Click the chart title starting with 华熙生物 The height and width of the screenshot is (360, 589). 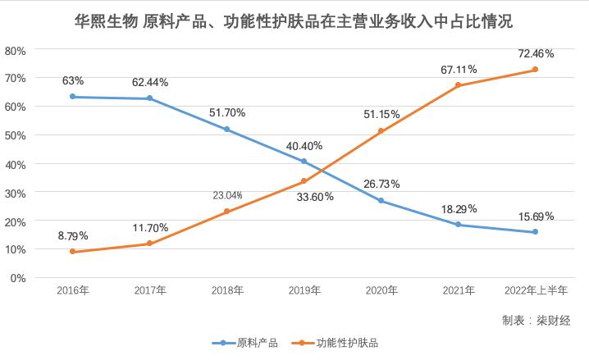pos(294,21)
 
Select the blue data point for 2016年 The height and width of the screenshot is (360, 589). pos(72,97)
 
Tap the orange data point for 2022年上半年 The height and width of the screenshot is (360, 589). pos(535,70)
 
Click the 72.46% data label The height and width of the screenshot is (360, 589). pos(536,53)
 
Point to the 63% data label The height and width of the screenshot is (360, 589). pos(72,80)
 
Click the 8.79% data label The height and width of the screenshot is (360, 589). pos(72,236)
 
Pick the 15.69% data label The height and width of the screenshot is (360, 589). pos(536,216)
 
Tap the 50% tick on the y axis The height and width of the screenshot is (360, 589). pos(16,135)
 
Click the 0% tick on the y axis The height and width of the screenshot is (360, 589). pos(19,278)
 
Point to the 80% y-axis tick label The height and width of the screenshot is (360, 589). pos(16,50)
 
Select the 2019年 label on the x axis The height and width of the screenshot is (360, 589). pos(304,290)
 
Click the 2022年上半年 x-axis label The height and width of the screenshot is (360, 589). pos(535,290)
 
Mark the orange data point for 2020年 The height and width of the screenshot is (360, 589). pos(381,131)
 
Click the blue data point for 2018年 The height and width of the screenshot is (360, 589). pos(226,130)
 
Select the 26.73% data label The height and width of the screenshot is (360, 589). pos(381,184)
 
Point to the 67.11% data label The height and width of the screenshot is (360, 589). pos(458,70)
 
